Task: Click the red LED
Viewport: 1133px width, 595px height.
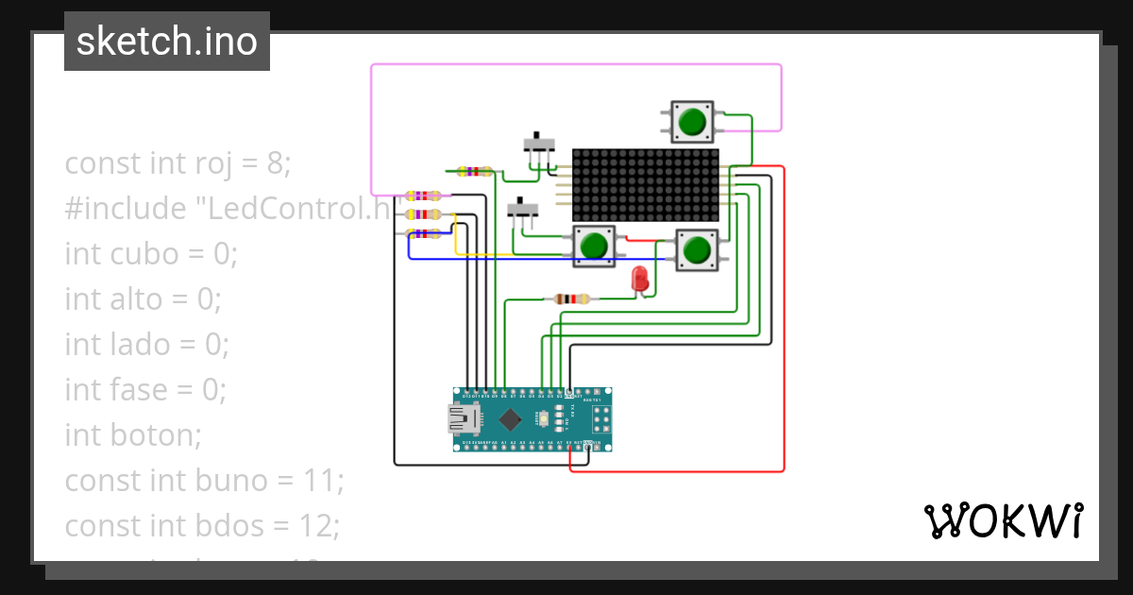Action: pyautogui.click(x=640, y=279)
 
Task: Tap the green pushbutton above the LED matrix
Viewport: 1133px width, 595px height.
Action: pyautogui.click(x=692, y=121)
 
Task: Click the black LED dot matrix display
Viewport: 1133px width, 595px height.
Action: pyautogui.click(x=646, y=184)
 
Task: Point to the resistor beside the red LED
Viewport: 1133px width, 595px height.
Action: pyautogui.click(x=571, y=299)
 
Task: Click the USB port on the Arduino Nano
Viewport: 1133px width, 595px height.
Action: pyautogui.click(x=463, y=418)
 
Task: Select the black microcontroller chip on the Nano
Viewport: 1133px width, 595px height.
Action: pyautogui.click(x=510, y=418)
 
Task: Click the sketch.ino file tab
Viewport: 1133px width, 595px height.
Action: pyautogui.click(x=167, y=42)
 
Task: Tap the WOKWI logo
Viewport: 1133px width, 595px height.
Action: pyautogui.click(x=1003, y=520)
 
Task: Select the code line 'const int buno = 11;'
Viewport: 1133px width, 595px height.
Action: pyautogui.click(x=204, y=481)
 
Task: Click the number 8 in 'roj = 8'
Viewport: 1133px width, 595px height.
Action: pyautogui.click(x=275, y=163)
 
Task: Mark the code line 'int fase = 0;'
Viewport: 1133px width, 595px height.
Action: pyautogui.click(x=146, y=390)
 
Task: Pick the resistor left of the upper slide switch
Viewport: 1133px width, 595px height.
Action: pyautogui.click(x=473, y=172)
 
